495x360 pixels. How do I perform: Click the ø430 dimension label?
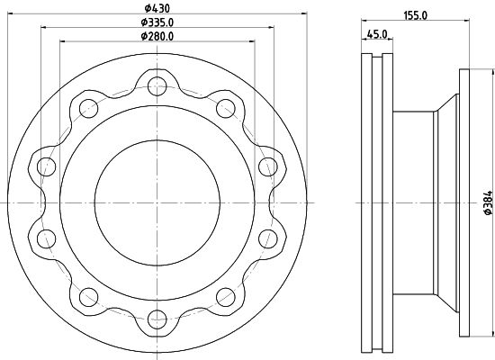tap(157, 8)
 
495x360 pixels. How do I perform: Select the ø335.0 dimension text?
tap(157, 22)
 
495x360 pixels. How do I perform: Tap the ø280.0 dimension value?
tap(157, 36)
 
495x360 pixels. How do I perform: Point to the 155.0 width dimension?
tap(415, 15)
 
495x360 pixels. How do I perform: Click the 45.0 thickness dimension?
tap(377, 34)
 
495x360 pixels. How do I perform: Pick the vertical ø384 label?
tap(488, 202)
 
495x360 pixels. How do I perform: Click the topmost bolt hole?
tap(157, 86)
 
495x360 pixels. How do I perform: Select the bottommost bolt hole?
tap(157, 319)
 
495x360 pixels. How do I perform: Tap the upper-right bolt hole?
tap(226, 108)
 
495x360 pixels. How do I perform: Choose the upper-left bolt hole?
tap(89, 108)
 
